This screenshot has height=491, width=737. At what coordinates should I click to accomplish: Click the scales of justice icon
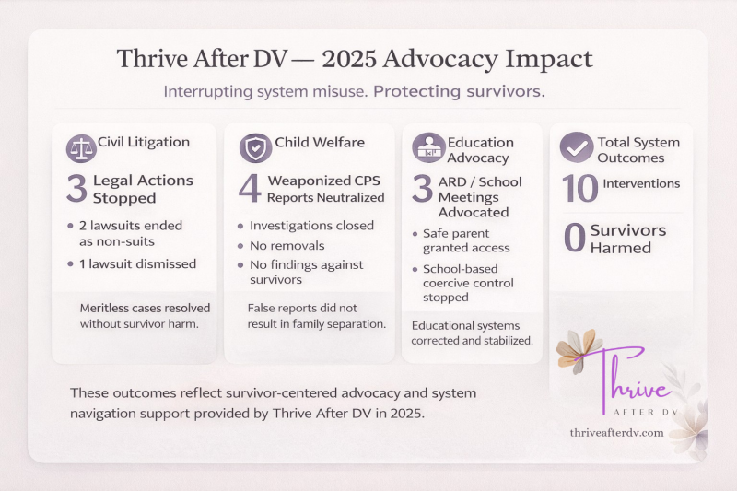(x=81, y=149)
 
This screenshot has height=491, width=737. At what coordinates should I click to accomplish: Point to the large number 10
(x=579, y=188)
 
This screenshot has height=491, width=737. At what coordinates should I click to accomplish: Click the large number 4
(x=250, y=187)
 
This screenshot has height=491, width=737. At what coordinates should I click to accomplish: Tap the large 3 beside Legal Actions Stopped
(x=76, y=187)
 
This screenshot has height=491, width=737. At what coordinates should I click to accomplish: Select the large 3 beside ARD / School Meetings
(x=422, y=188)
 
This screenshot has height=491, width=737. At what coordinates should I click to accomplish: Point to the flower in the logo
(x=579, y=350)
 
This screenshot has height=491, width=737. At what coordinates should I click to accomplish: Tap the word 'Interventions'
(x=641, y=184)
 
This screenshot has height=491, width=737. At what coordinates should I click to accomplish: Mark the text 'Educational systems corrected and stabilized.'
(x=472, y=333)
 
